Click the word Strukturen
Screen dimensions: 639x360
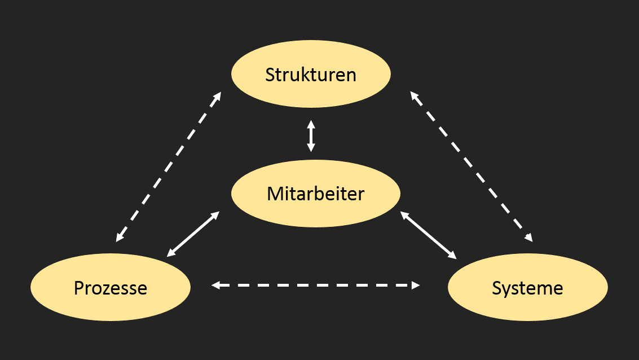(x=311, y=74)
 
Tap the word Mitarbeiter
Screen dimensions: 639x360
(x=315, y=194)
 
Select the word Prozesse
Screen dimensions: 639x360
(x=111, y=288)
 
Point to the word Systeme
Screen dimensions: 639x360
(x=527, y=288)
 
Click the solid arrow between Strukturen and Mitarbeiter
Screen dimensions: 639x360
(x=311, y=136)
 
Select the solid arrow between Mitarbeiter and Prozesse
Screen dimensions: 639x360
(x=193, y=234)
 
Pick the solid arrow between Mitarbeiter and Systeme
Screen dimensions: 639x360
(x=428, y=235)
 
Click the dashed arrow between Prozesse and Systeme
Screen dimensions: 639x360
(x=315, y=286)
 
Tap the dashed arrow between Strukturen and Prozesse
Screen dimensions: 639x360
(x=168, y=167)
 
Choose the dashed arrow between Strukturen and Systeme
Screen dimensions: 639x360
(x=471, y=166)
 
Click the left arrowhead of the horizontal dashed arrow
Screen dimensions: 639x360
(x=215, y=286)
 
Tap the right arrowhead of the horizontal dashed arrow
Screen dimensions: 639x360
(x=416, y=286)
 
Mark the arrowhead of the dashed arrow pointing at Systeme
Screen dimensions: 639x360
(x=529, y=238)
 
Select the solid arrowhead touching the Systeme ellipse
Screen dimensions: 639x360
(x=452, y=255)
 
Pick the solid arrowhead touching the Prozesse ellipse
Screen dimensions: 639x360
(x=171, y=253)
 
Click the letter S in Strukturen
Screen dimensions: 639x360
(x=270, y=75)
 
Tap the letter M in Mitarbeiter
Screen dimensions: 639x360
(x=275, y=194)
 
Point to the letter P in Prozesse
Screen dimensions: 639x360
(x=79, y=288)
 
